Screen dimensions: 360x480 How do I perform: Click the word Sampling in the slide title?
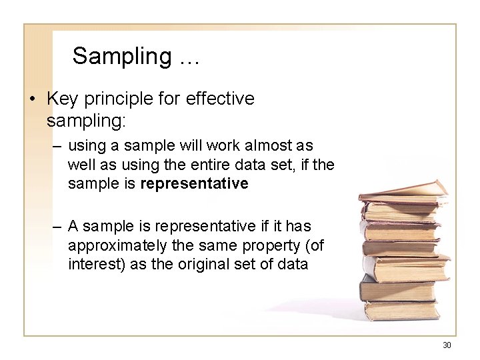pos(121,57)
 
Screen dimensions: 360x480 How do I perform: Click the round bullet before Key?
pos(32,99)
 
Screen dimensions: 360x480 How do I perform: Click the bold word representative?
pos(195,183)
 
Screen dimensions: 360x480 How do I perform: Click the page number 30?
pos(447,345)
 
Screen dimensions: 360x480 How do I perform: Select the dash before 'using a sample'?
pos(55,145)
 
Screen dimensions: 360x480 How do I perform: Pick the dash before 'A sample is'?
pos(55,227)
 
